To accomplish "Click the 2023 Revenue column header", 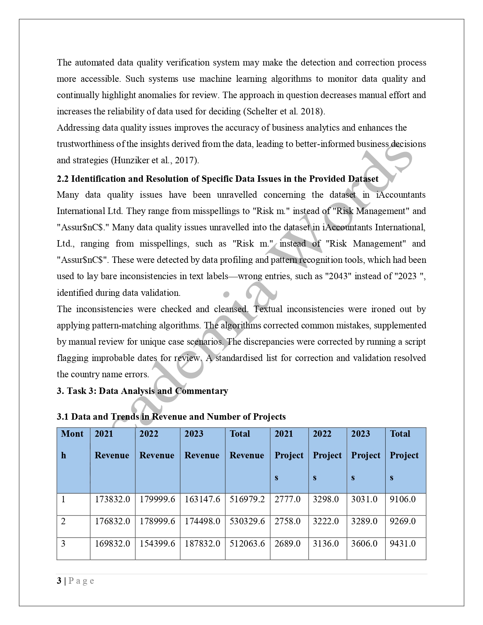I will [202, 444].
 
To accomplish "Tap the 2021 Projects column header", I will [289, 455].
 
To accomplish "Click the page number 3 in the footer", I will [59, 581].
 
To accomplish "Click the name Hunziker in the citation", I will [131, 160].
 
